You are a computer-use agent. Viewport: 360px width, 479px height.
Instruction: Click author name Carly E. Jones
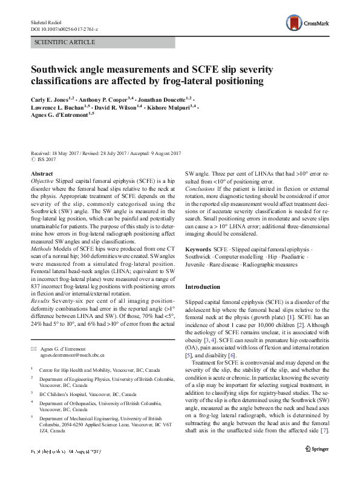(x=50, y=97)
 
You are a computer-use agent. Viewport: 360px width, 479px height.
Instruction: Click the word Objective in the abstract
(x=42, y=181)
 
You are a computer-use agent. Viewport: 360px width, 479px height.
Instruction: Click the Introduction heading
(x=206, y=286)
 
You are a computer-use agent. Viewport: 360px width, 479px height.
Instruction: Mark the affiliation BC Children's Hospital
(x=70, y=392)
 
